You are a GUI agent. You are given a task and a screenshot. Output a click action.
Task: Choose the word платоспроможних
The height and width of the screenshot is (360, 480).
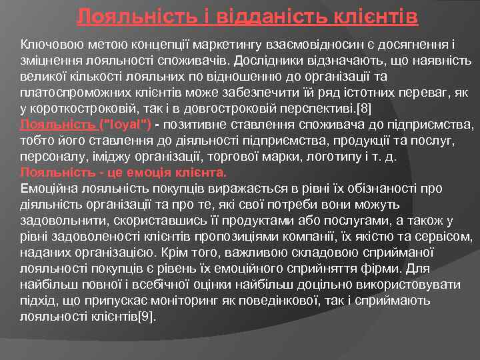(x=71, y=92)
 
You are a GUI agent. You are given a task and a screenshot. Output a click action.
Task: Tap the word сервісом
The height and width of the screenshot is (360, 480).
(x=449, y=237)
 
